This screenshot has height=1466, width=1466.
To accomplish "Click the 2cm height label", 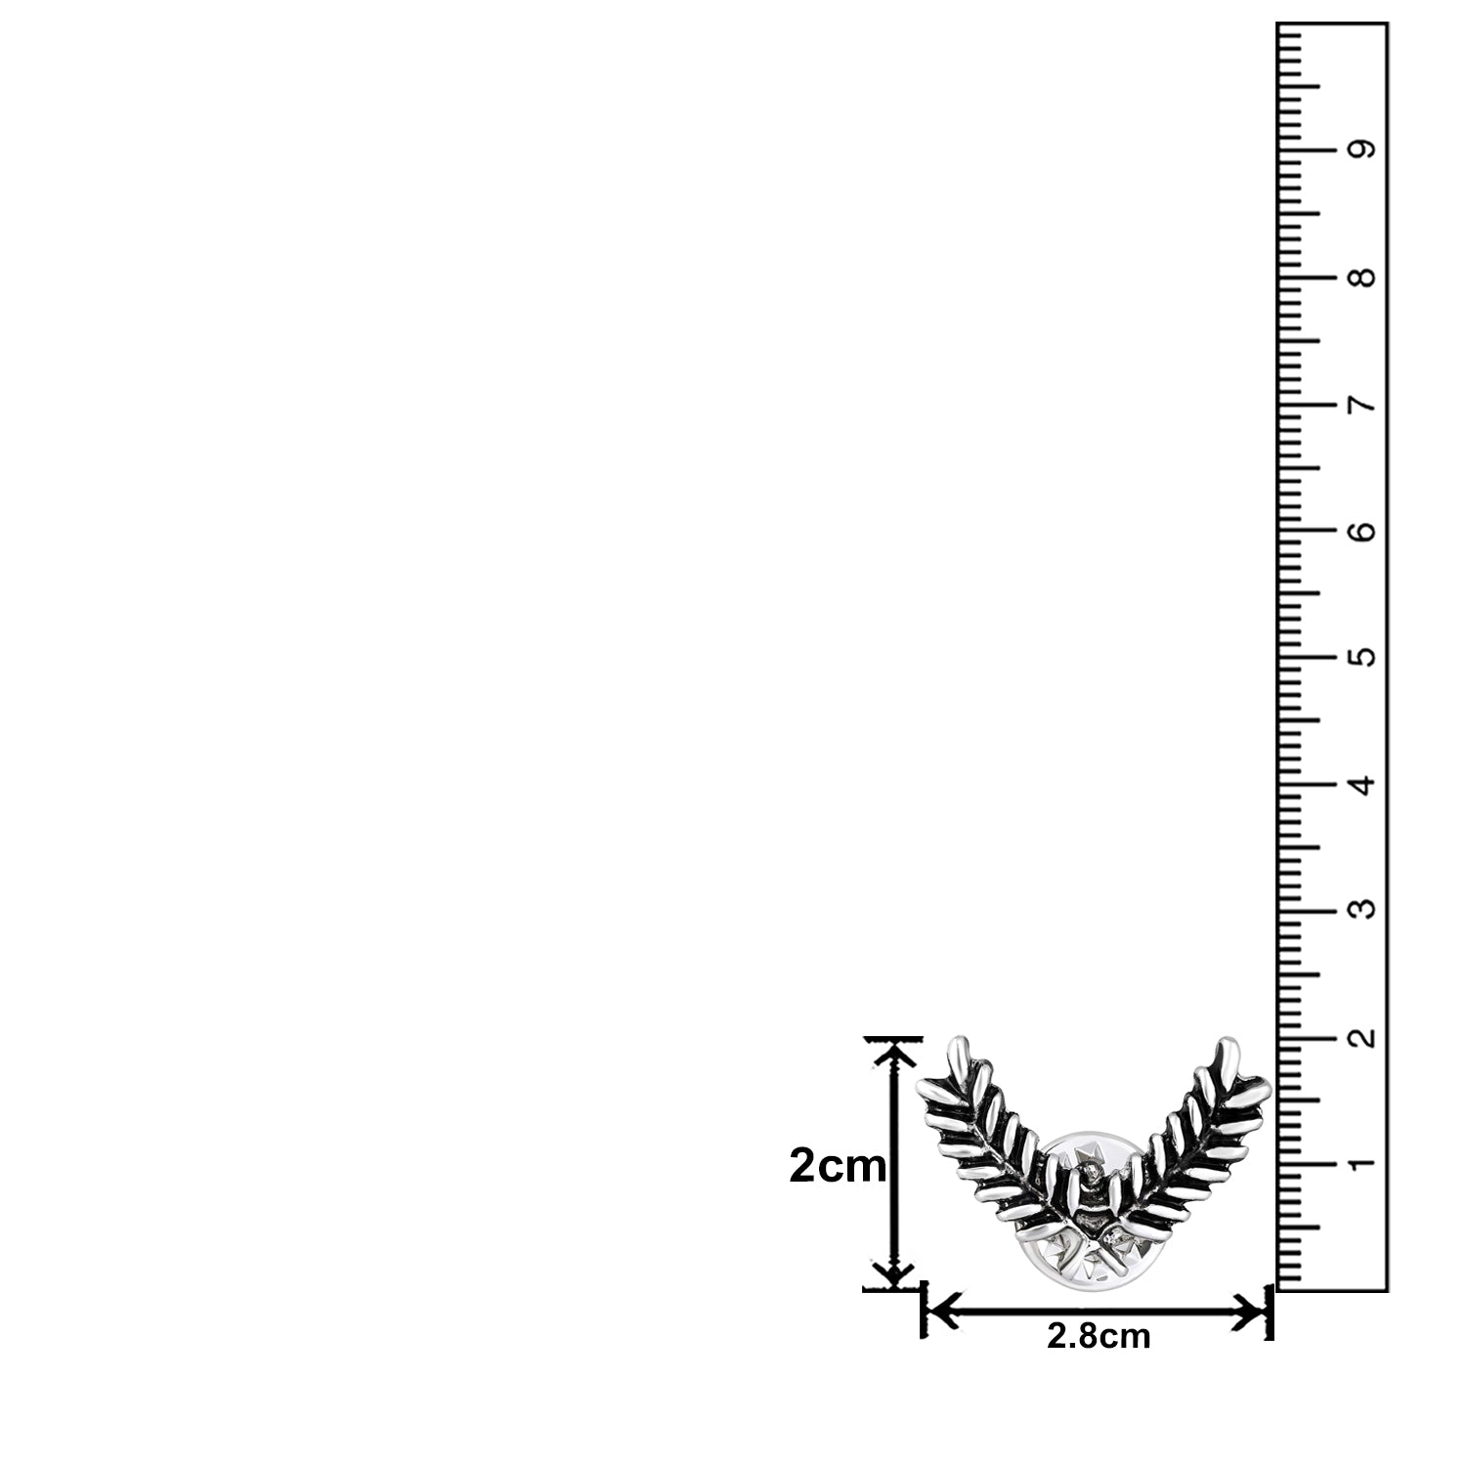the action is tap(838, 1166).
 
